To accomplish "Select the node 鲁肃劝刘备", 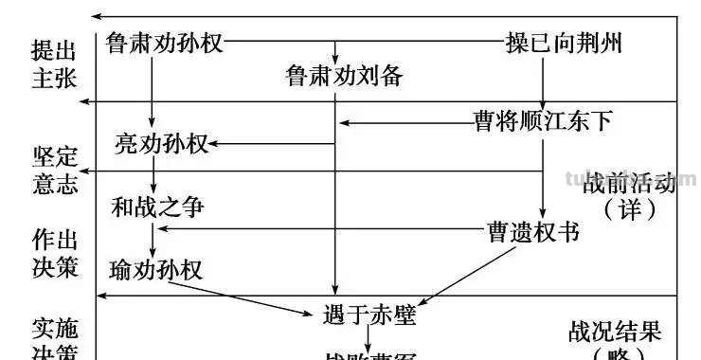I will (x=344, y=77).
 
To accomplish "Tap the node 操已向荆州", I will (x=564, y=44).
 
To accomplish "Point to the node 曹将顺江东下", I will (x=543, y=121).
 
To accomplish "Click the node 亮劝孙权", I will (x=160, y=144).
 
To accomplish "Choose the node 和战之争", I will (x=157, y=205).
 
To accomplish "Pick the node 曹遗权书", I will (x=533, y=231).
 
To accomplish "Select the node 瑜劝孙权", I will (x=156, y=268).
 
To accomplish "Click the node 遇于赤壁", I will (x=369, y=315).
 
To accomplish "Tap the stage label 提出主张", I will (x=54, y=63).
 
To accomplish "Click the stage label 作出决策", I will (x=54, y=251).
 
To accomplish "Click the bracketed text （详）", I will (x=630, y=208).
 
